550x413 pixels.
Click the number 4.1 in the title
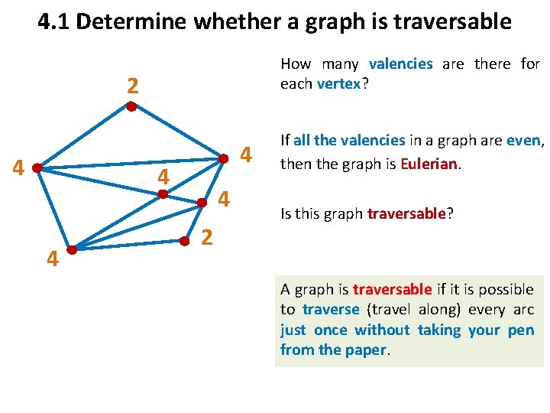point(53,21)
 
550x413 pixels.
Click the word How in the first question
point(295,64)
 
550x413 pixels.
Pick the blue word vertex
point(338,83)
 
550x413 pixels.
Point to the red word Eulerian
point(428,164)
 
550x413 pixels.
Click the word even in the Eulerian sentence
point(524,140)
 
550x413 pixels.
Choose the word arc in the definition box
point(523,309)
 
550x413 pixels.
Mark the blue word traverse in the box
point(330,309)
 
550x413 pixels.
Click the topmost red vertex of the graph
point(131,107)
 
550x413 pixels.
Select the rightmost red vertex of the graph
point(224,158)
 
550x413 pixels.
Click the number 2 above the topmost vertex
point(132,86)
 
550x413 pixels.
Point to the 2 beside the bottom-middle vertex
point(206,237)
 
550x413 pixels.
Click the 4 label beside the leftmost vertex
point(20,167)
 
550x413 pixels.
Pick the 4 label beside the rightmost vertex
point(246,155)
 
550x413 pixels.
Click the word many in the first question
point(341,64)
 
